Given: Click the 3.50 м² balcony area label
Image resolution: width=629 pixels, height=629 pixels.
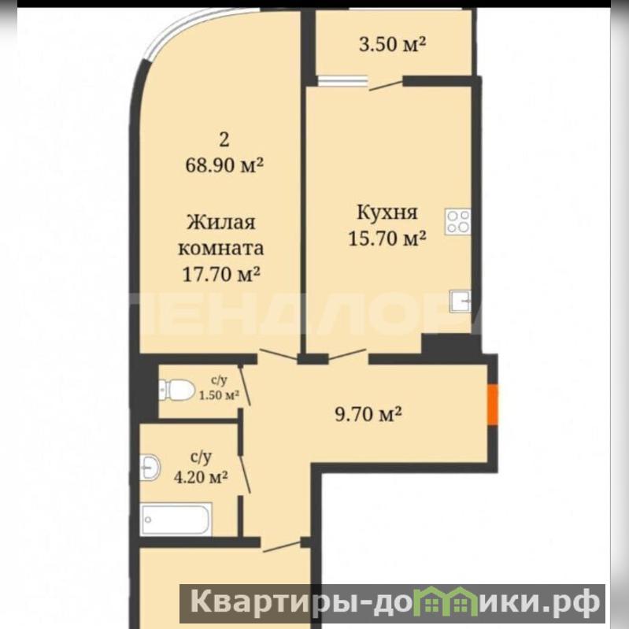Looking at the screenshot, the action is click(392, 44).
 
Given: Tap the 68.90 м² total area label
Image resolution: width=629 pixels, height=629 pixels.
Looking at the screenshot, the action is click(224, 165).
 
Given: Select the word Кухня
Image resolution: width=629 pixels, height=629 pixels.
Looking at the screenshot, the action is click(387, 213).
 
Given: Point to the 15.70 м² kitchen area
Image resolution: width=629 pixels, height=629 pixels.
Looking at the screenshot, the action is click(387, 239).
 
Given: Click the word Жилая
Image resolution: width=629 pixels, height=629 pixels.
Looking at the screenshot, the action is click(221, 222).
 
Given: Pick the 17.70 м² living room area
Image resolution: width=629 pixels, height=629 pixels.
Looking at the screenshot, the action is click(221, 275).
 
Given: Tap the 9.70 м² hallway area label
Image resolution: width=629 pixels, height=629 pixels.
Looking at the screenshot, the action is click(368, 414).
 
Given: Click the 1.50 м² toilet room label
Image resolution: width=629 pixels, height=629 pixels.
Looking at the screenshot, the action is click(219, 395).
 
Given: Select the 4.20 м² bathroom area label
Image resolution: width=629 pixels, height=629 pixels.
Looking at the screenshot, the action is click(201, 477).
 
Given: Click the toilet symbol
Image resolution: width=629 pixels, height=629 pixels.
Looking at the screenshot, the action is click(176, 389).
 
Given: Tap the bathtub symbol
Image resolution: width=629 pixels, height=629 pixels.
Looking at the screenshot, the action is click(176, 519).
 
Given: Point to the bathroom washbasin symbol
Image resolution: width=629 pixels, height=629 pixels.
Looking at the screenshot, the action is click(150, 468).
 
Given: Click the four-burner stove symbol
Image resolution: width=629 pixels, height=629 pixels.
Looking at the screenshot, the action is click(457, 222).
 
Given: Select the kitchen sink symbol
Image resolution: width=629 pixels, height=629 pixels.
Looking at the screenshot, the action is click(460, 301).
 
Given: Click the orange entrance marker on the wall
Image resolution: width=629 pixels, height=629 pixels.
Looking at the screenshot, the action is click(493, 405).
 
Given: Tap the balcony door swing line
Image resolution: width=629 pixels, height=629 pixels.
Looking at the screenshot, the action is click(386, 86).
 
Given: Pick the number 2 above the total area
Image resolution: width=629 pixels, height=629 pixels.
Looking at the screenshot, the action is click(224, 139).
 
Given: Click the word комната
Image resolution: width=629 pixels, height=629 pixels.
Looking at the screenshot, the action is click(221, 249).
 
